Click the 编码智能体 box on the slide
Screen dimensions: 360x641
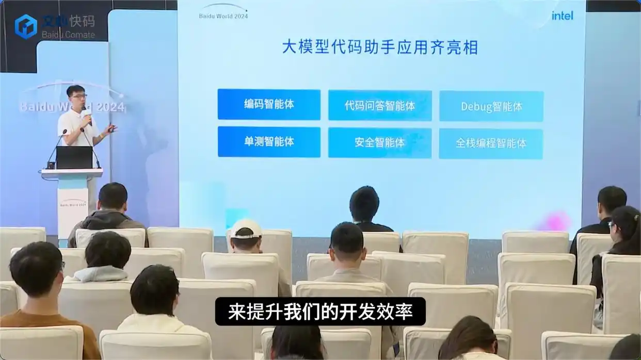269,104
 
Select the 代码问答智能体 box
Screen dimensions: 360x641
380,106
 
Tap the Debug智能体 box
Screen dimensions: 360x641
491,106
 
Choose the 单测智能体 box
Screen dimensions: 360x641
269,142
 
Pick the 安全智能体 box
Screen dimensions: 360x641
380,143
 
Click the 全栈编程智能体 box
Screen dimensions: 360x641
491,143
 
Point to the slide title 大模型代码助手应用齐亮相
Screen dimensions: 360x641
380,47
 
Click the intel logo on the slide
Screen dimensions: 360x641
562,15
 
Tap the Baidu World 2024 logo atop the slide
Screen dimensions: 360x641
223,11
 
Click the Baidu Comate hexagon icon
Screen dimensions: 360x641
26,26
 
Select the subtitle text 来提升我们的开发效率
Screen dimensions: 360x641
320,312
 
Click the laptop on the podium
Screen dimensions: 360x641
74,157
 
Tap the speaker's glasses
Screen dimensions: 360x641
79,96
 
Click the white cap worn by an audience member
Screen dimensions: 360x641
246,228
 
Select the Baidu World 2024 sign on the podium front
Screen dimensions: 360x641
72,203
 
